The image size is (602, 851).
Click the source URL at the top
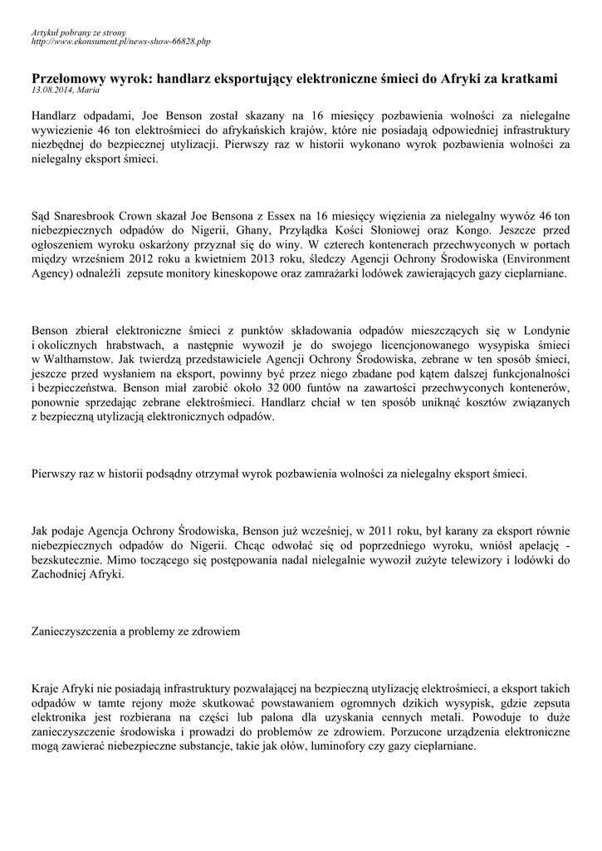click(x=120, y=41)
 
